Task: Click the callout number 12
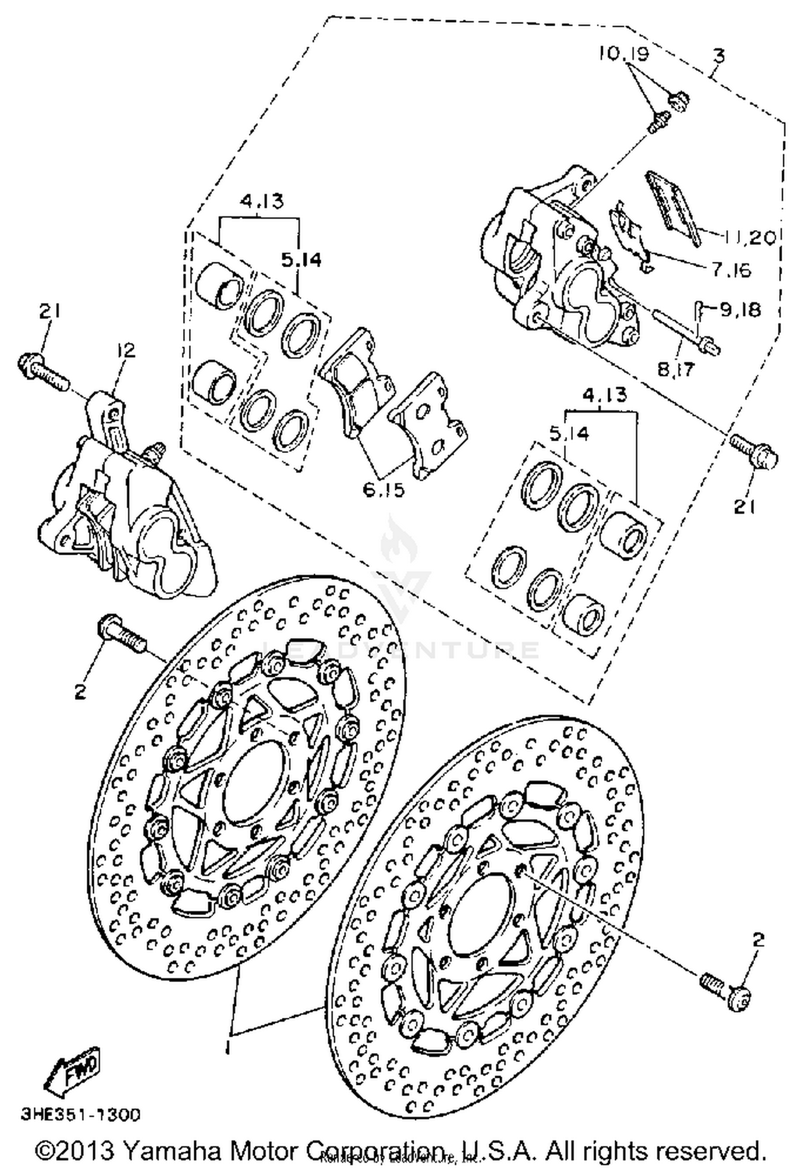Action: [126, 351]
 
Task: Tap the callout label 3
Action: [719, 55]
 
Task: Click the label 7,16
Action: [731, 270]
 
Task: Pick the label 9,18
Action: [740, 309]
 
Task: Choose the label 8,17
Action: [676, 369]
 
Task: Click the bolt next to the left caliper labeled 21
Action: [44, 371]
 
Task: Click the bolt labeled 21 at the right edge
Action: [755, 451]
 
